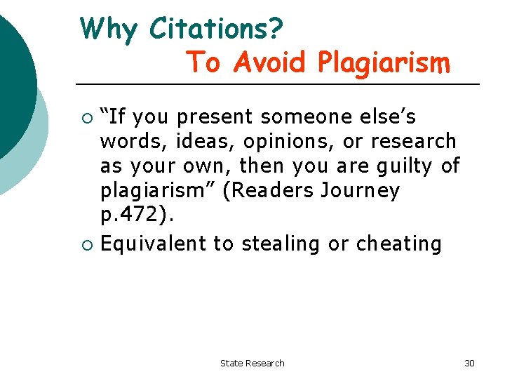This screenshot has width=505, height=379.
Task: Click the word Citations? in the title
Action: [217, 29]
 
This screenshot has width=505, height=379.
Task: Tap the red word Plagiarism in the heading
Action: [383, 64]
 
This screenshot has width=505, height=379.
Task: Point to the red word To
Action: [204, 62]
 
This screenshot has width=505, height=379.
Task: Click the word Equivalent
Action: [154, 244]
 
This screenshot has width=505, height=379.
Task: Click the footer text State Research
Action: [252, 363]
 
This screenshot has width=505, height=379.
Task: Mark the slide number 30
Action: [469, 363]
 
